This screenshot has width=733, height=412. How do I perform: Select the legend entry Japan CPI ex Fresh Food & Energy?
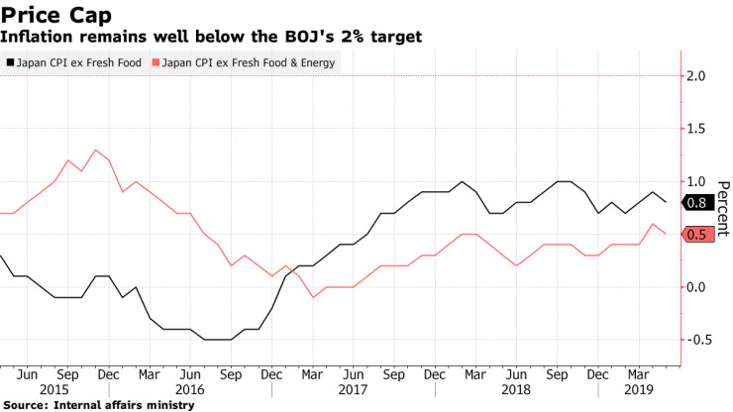coord(248,61)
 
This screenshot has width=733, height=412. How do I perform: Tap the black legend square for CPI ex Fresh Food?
coord(11,61)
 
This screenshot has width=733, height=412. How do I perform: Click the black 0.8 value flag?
coord(695,203)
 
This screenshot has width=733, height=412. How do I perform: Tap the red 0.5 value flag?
coord(695,235)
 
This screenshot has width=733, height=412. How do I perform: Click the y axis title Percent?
coord(722,208)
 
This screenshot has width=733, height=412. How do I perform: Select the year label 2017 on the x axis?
coord(352,390)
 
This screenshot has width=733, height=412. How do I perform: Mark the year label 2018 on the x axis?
coord(516,390)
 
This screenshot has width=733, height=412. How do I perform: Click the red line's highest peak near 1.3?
coord(95,151)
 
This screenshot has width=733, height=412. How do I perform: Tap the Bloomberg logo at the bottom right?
coord(693,405)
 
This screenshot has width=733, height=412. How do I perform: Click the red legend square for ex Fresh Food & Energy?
coord(156,61)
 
